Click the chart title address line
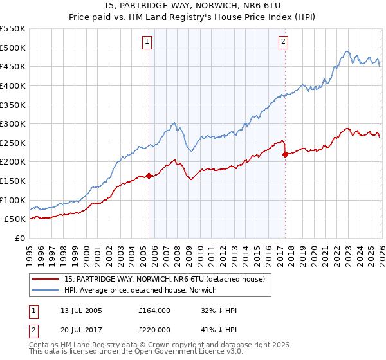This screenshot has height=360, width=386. click(x=193, y=5)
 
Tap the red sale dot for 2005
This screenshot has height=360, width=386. click(x=149, y=175)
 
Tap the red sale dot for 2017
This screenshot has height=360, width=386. click(x=284, y=154)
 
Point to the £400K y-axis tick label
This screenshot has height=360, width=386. click(x=13, y=85)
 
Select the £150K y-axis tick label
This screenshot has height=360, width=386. click(x=13, y=181)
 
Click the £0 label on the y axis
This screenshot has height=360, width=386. click(x=20, y=239)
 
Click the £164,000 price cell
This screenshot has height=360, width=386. click(x=154, y=310)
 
